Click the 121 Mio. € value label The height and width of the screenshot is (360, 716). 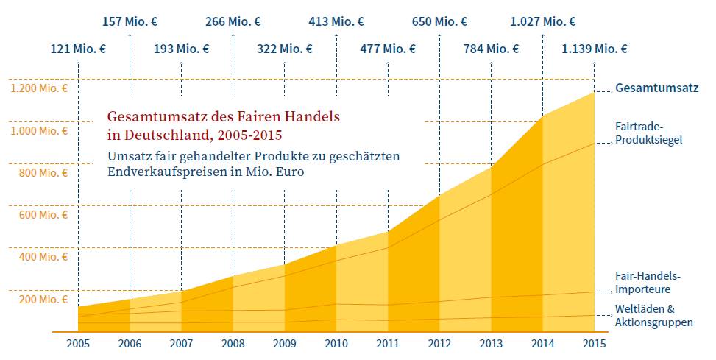(78, 49)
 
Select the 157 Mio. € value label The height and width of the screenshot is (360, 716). (130, 21)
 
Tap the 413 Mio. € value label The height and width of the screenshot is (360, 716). (336, 21)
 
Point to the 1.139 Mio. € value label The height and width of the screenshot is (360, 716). (594, 49)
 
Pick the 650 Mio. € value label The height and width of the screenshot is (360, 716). (439, 21)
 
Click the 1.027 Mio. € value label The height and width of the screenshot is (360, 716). (542, 21)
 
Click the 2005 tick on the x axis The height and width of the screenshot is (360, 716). (78, 343)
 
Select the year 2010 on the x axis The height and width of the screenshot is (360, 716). (336, 343)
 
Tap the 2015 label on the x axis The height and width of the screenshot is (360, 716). (594, 343)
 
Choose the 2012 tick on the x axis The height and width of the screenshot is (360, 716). (439, 343)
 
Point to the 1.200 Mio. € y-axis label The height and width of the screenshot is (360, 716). (38, 88)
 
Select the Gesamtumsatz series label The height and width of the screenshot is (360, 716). (656, 88)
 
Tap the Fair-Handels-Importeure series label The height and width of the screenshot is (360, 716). (648, 283)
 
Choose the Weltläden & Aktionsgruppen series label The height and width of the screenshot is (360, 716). (653, 315)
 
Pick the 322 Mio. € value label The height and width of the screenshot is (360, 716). (285, 49)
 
